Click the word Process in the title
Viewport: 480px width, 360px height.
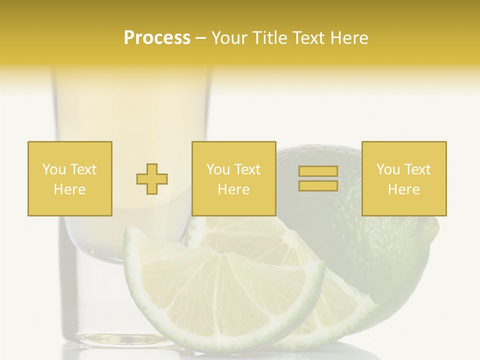point(157,38)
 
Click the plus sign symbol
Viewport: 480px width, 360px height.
point(152,178)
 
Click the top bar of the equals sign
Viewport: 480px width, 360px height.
point(318,171)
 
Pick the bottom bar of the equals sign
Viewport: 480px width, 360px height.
point(318,185)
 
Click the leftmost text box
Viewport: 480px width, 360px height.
point(70,178)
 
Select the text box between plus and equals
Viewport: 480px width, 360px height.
point(234,178)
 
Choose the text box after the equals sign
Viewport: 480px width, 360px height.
point(404,178)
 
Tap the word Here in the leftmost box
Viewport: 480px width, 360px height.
point(70,189)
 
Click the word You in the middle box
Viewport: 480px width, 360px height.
point(218,169)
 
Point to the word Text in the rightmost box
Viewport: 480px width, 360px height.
point(417,169)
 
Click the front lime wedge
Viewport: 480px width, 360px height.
point(220,295)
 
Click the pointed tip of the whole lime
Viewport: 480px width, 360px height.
point(435,227)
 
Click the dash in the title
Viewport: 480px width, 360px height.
point(201,38)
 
